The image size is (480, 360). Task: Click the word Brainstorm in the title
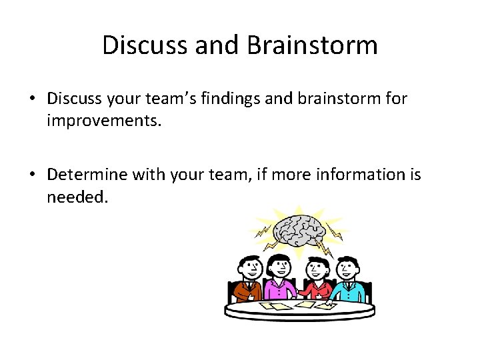coord(312,45)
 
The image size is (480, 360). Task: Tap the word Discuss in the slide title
coord(145,45)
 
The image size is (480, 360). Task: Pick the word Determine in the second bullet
coord(88,175)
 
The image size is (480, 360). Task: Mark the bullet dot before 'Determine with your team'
coord(32,175)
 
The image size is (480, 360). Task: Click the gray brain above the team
coord(298,230)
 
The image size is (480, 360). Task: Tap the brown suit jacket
coord(244,291)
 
